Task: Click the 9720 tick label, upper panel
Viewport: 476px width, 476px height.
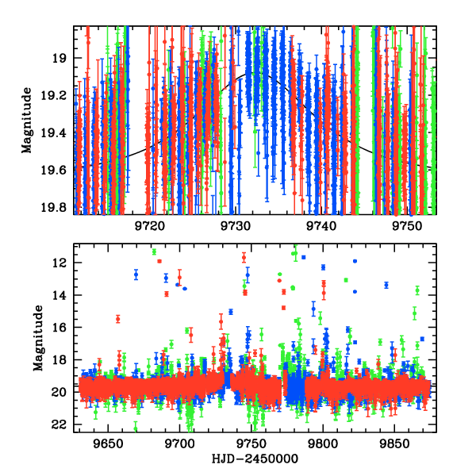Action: pos(149,226)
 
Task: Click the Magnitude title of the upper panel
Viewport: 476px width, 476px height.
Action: pos(27,121)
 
